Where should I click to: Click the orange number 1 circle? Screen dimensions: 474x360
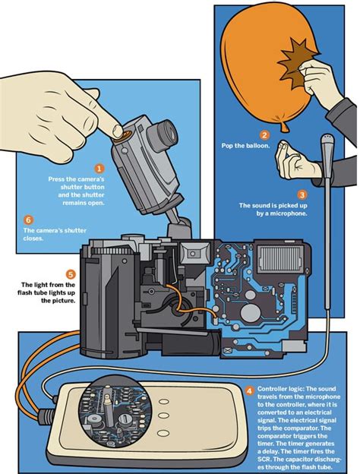point(98,168)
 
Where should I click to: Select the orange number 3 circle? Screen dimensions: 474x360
point(302,194)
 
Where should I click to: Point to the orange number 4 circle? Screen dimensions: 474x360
point(251,391)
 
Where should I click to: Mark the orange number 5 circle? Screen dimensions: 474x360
point(71,274)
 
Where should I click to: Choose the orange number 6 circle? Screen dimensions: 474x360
point(29,218)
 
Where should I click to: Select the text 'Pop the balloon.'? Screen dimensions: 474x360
point(245,145)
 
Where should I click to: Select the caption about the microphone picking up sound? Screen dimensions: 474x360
point(273,210)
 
